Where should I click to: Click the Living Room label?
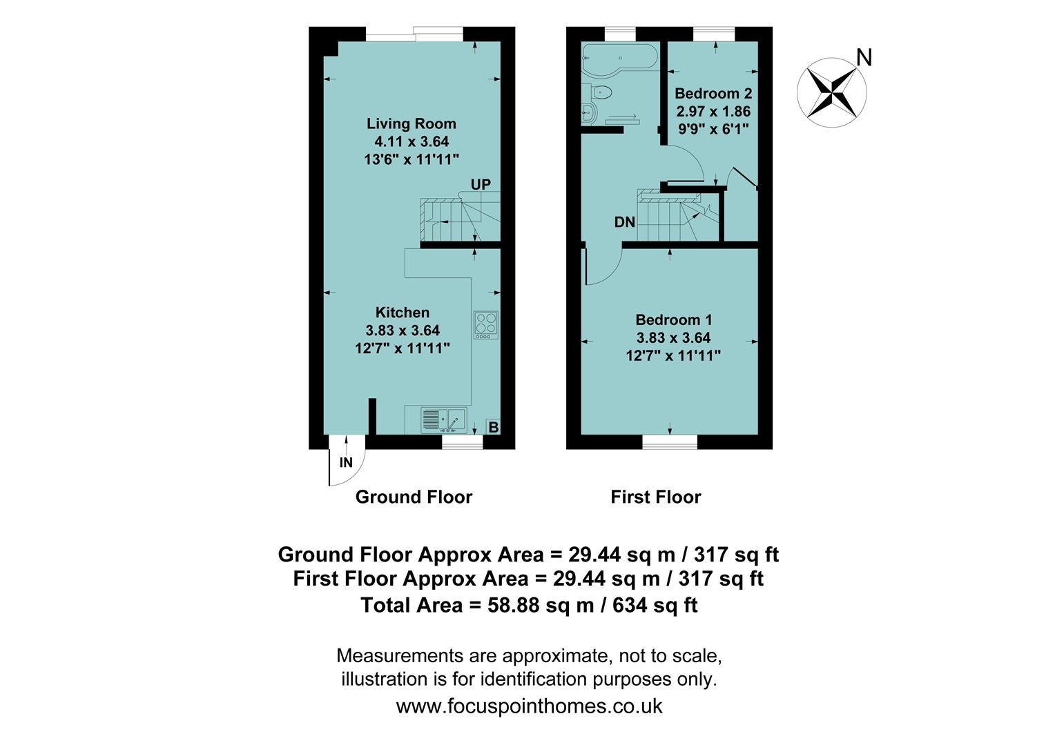pyautogui.click(x=411, y=124)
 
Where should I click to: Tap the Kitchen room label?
pyautogui.click(x=402, y=312)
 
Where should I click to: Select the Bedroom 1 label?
pyautogui.click(x=673, y=320)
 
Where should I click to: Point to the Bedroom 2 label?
pyautogui.click(x=713, y=94)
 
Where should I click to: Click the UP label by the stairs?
pyautogui.click(x=481, y=184)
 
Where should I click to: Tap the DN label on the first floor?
pyautogui.click(x=624, y=222)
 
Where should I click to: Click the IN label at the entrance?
pyautogui.click(x=346, y=463)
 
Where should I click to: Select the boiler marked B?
pyautogui.click(x=493, y=427)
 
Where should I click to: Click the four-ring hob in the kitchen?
pyautogui.click(x=486, y=326)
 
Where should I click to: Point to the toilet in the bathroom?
pyautogui.click(x=601, y=92)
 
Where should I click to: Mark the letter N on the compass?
pyautogui.click(x=864, y=58)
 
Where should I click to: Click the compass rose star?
pyautogui.click(x=831, y=92)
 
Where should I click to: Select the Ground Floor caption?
pyautogui.click(x=414, y=497)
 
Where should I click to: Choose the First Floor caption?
pyautogui.click(x=655, y=497)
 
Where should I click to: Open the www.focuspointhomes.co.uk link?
pyautogui.click(x=529, y=706)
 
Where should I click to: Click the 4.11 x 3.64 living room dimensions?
pyautogui.click(x=411, y=142)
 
